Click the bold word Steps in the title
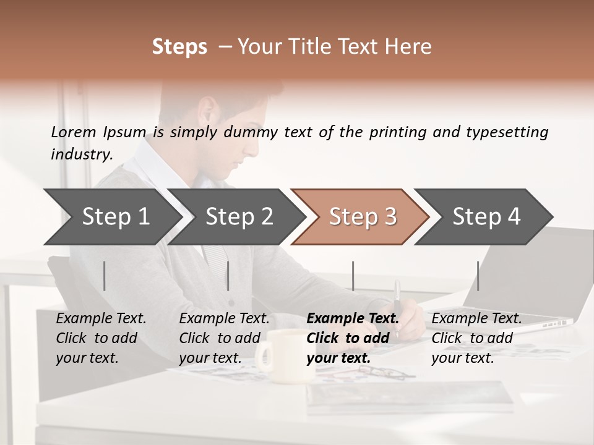tap(179, 47)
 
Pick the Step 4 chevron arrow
tap(486, 217)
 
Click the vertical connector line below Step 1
tap(105, 276)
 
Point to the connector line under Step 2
tap(228, 276)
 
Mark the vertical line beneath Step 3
tap(353, 276)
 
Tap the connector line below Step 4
tap(478, 276)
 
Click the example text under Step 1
tap(101, 338)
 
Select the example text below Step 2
tap(224, 338)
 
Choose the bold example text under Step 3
tap(353, 338)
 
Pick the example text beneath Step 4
tap(476, 338)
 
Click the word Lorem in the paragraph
tap(74, 132)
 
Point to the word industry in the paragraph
tap(81, 155)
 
